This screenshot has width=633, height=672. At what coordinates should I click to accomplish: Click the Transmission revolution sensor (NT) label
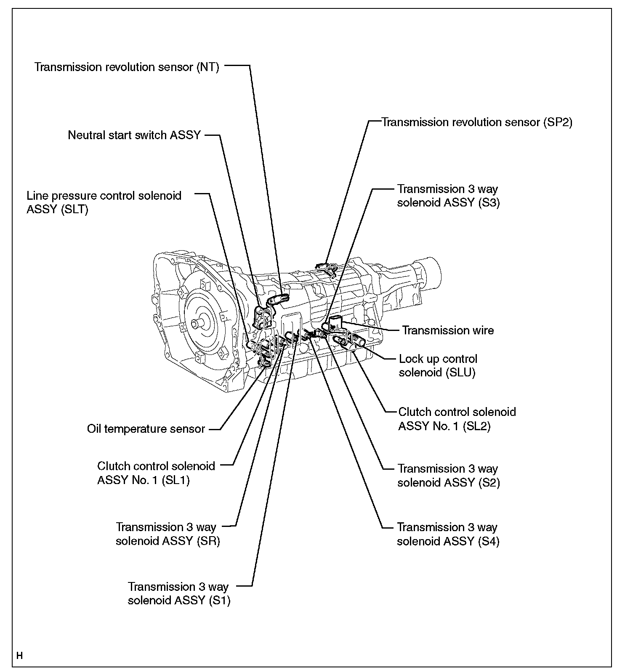tap(127, 67)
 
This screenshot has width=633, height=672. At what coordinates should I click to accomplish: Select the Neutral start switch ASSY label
tap(134, 135)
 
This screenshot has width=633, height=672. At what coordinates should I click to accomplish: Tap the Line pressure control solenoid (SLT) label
tap(104, 202)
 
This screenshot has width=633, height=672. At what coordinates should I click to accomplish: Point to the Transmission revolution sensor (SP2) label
tap(477, 122)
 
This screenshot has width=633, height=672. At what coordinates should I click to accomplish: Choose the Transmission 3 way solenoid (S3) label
tap(448, 196)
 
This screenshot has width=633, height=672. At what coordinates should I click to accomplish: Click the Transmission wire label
tap(448, 330)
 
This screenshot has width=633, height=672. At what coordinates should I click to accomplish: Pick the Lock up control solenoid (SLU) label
tap(438, 365)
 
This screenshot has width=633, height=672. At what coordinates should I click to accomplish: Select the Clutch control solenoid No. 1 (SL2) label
tap(457, 419)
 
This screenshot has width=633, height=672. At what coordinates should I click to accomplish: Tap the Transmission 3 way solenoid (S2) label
tap(448, 475)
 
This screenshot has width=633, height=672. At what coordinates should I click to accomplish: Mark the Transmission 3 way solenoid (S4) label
tap(448, 534)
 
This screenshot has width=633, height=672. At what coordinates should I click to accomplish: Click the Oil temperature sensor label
tap(146, 429)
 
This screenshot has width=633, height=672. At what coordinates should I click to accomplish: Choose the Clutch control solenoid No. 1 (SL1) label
tap(156, 473)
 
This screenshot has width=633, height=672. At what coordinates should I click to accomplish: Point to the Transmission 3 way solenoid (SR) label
tap(168, 534)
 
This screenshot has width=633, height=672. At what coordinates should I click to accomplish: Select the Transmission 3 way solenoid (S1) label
tap(179, 593)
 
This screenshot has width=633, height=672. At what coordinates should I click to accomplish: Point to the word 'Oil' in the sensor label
tap(94, 429)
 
